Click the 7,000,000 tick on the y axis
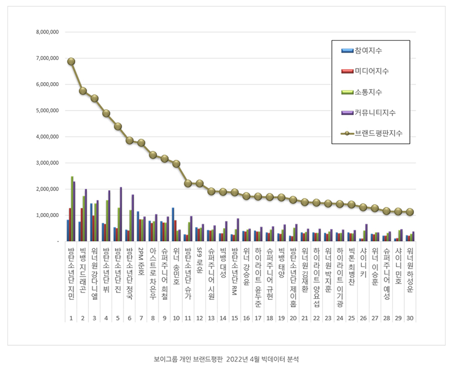pos(47,58)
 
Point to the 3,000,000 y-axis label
pos(47,163)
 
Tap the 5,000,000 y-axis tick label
pos(47,111)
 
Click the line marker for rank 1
pos(71,61)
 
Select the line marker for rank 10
pos(176,164)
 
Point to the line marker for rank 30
pos(410,212)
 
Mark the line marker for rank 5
pos(118,126)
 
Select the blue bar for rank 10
pos(173,224)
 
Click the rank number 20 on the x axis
pos(293,318)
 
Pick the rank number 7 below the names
pos(141,318)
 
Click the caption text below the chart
pos(226,359)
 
